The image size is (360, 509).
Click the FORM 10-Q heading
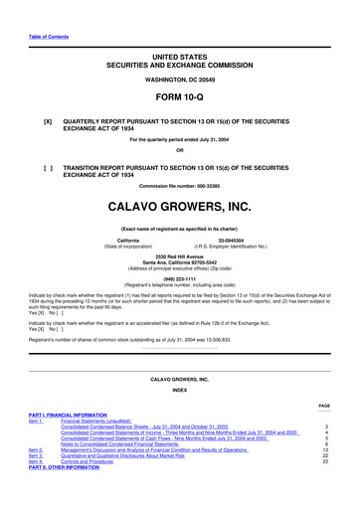pos(180,102)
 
